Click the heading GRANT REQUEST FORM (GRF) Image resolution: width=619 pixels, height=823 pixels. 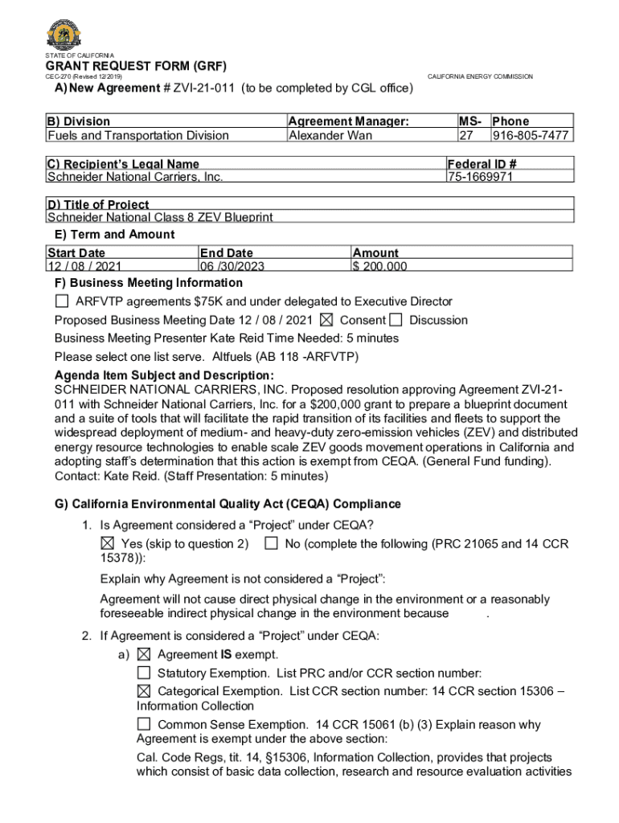[135, 65]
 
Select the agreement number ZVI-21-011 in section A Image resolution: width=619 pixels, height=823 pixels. [190, 88]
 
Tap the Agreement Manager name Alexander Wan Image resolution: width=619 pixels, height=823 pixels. [330, 135]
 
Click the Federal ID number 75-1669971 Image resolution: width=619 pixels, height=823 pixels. [480, 177]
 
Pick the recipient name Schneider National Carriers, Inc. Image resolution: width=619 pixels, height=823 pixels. [135, 177]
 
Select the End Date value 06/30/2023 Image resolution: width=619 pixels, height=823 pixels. [232, 267]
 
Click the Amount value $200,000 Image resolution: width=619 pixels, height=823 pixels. [379, 267]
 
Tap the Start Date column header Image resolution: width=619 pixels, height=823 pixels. [76, 253]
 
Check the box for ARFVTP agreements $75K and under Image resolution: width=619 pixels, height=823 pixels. [62, 301]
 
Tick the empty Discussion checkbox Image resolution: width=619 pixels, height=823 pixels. [396, 320]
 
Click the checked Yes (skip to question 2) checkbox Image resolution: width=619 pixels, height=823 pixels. [107, 544]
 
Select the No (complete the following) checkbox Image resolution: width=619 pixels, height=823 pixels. [271, 544]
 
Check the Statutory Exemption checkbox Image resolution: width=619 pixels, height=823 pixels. [144, 673]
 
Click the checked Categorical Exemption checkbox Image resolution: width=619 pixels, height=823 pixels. [144, 691]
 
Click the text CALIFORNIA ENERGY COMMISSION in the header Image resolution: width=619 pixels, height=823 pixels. [480, 76]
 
